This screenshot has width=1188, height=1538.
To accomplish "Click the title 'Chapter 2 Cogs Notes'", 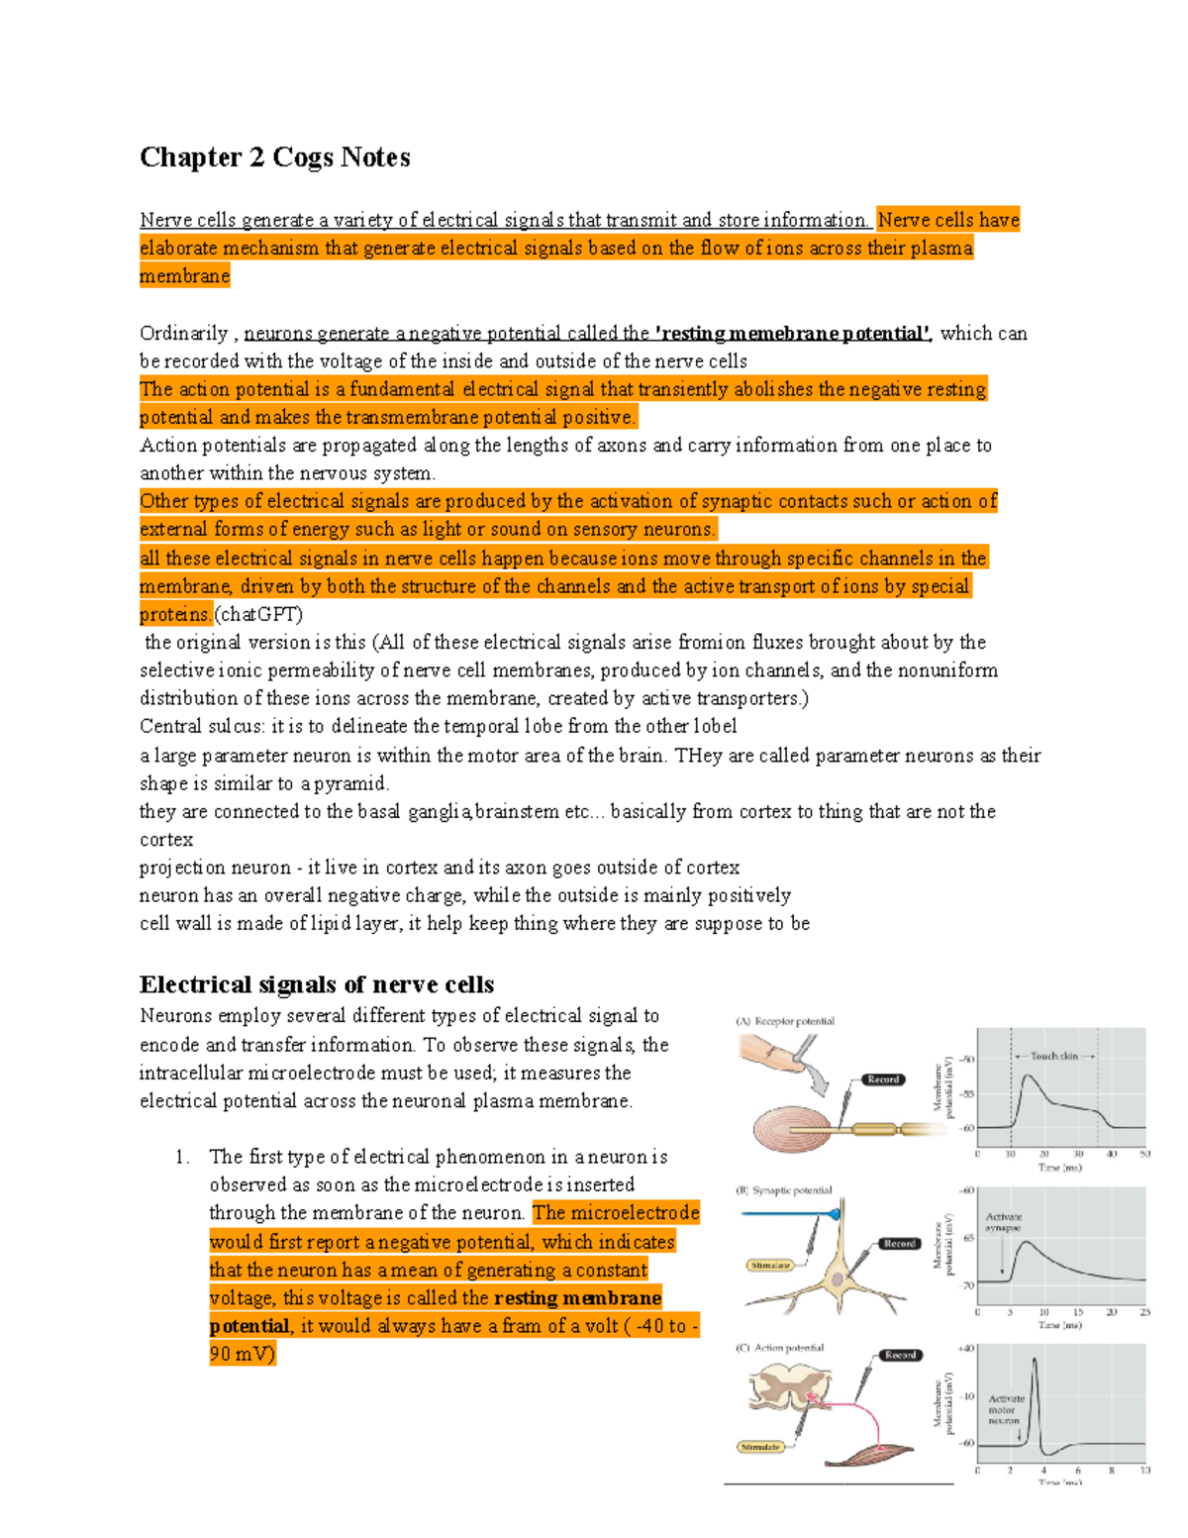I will [274, 157].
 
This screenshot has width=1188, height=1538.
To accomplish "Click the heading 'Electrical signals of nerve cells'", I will [317, 984].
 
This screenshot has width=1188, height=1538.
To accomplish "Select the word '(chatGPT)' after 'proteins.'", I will [258, 614].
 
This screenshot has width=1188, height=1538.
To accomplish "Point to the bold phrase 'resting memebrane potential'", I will [792, 334].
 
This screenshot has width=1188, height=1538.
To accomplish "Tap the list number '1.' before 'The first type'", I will [181, 1157].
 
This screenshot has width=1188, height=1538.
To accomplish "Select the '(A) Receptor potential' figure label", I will [785, 1021].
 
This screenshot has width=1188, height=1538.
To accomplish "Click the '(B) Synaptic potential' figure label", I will [783, 1190].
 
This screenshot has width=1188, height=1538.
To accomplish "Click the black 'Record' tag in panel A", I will [882, 1079].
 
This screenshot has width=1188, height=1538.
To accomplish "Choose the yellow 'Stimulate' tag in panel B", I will [770, 1265].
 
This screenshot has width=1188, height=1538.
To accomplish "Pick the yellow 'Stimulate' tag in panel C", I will [760, 1447].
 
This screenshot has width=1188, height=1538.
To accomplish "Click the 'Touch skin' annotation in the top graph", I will [1053, 1057].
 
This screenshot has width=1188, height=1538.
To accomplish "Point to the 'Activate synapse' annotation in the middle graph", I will [1003, 1222].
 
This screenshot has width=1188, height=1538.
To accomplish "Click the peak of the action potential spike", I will [1036, 1359].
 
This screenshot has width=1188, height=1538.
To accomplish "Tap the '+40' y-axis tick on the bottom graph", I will [965, 1349].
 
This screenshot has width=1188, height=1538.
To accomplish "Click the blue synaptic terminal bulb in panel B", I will [836, 1213].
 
